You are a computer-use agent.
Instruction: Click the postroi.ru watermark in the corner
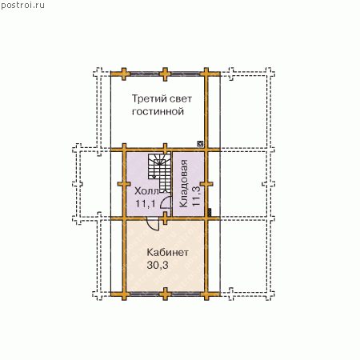[22, 6]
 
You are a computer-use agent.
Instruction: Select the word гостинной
[158, 111]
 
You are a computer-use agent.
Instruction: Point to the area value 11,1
[146, 204]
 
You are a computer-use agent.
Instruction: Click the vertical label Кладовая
[183, 183]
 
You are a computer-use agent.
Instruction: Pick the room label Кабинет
[168, 252]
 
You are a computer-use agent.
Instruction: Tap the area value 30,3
[158, 265]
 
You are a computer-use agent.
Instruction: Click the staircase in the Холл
[160, 172]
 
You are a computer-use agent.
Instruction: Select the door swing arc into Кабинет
[154, 225]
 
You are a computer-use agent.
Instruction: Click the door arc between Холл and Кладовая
[166, 202]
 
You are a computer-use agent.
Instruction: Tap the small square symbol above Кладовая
[200, 144]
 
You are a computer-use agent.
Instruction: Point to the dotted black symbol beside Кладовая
[210, 212]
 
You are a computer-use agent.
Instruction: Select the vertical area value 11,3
[196, 196]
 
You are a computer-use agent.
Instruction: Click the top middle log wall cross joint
[165, 74]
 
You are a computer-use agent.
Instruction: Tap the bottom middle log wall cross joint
[166, 294]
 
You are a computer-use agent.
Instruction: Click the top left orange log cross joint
[124, 74]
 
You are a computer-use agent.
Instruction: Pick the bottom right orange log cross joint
[206, 294]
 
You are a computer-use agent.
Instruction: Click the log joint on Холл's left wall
[124, 184]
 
